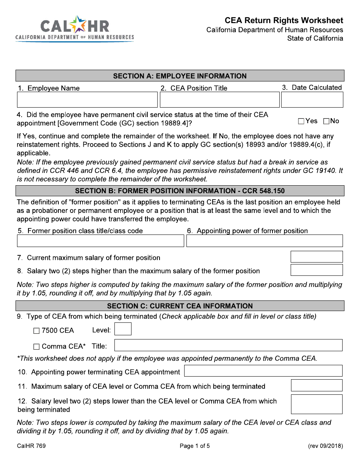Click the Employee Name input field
coord(87,100)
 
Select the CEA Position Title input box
coord(219,100)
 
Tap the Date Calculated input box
coord(312,100)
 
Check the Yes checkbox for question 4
coord(301,121)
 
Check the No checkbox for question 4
coord(326,121)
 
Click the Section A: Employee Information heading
coord(180,76)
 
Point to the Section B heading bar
coord(180,191)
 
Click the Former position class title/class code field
coord(100,241)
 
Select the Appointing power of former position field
coord(265,241)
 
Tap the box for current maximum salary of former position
coord(316,257)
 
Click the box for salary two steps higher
coord(316,270)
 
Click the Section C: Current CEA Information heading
coord(180,306)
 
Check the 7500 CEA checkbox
coord(36,331)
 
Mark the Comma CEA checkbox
coord(36,347)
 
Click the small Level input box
coord(123,329)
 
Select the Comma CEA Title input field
coord(228,345)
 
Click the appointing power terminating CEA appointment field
coord(263,371)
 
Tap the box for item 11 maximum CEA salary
coord(316,385)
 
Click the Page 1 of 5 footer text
coord(195,446)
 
